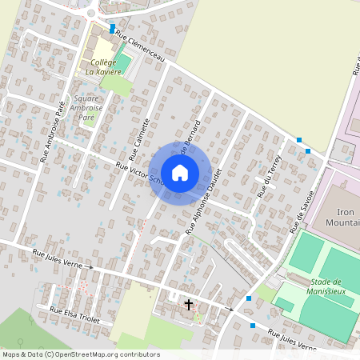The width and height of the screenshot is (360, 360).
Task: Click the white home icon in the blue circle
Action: [180, 172]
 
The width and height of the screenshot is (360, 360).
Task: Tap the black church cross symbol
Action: [189, 305]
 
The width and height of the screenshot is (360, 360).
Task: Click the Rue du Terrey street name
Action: [266, 177]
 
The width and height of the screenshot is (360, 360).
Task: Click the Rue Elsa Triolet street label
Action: [75, 313]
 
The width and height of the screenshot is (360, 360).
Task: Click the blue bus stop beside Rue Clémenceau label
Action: [112, 28]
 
